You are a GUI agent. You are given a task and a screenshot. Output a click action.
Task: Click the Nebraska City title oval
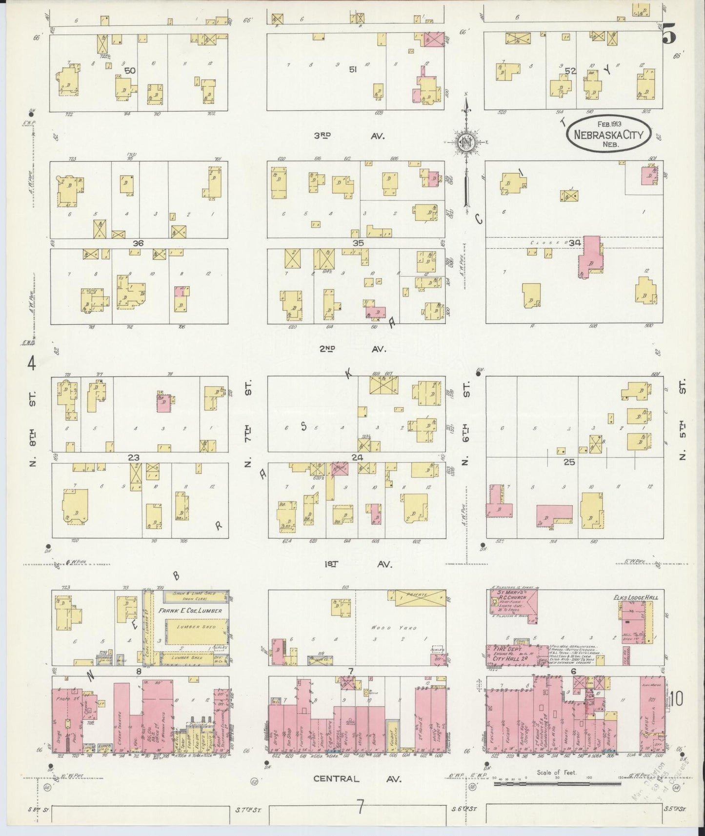(x=608, y=133)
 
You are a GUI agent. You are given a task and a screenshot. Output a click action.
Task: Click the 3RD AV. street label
(x=348, y=136)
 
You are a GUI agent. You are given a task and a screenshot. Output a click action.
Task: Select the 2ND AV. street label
(x=346, y=349)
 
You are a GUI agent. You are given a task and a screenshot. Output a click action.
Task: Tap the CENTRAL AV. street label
(x=358, y=779)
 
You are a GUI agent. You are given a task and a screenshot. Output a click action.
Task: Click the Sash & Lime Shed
(x=190, y=596)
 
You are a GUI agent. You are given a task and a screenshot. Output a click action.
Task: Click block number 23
(x=134, y=458)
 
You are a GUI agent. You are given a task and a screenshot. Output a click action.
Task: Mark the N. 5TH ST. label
(x=683, y=419)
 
